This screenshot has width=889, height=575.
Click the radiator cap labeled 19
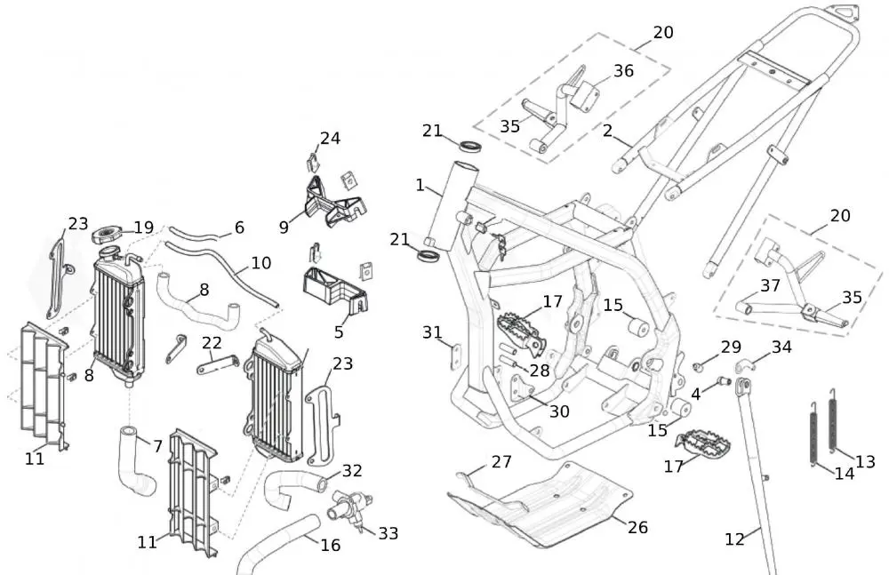point(107,234)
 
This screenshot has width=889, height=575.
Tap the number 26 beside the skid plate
point(637,527)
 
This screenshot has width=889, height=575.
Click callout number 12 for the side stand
point(735,539)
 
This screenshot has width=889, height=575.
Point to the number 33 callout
point(388,533)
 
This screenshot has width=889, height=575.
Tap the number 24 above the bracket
point(331,139)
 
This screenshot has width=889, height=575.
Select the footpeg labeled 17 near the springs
point(703,443)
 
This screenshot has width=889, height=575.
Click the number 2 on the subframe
point(608,131)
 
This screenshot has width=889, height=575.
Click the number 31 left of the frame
point(433,332)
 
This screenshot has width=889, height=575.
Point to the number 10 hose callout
point(261,263)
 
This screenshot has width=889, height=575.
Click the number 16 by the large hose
point(331,545)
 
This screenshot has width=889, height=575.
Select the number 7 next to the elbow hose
point(157,446)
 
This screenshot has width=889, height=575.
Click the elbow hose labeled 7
point(136,460)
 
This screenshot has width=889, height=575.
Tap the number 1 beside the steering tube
point(420,185)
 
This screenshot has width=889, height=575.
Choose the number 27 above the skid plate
point(501,462)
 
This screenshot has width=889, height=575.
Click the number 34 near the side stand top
point(781,347)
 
